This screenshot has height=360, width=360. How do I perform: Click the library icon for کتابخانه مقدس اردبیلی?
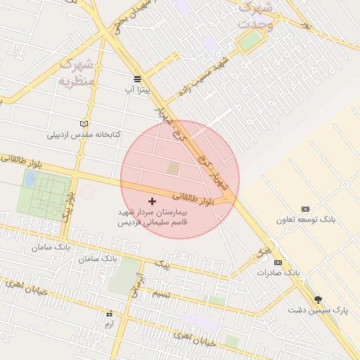84,124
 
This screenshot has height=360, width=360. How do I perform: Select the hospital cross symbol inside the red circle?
152,201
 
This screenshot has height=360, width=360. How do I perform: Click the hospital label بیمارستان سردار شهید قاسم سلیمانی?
152,216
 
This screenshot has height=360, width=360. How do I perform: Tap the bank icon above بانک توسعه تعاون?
305,210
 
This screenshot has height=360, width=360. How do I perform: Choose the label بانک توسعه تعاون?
305,220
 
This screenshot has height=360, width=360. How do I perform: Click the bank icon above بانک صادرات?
279,262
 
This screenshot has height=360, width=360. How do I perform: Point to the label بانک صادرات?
278,272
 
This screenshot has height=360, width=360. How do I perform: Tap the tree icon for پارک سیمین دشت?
319,300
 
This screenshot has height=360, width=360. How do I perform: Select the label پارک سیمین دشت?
319,310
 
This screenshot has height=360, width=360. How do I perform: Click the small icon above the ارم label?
109,314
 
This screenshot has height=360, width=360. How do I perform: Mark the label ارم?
109,324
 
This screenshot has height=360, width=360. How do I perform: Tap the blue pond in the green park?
30,179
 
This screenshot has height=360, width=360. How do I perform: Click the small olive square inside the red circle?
173,169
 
